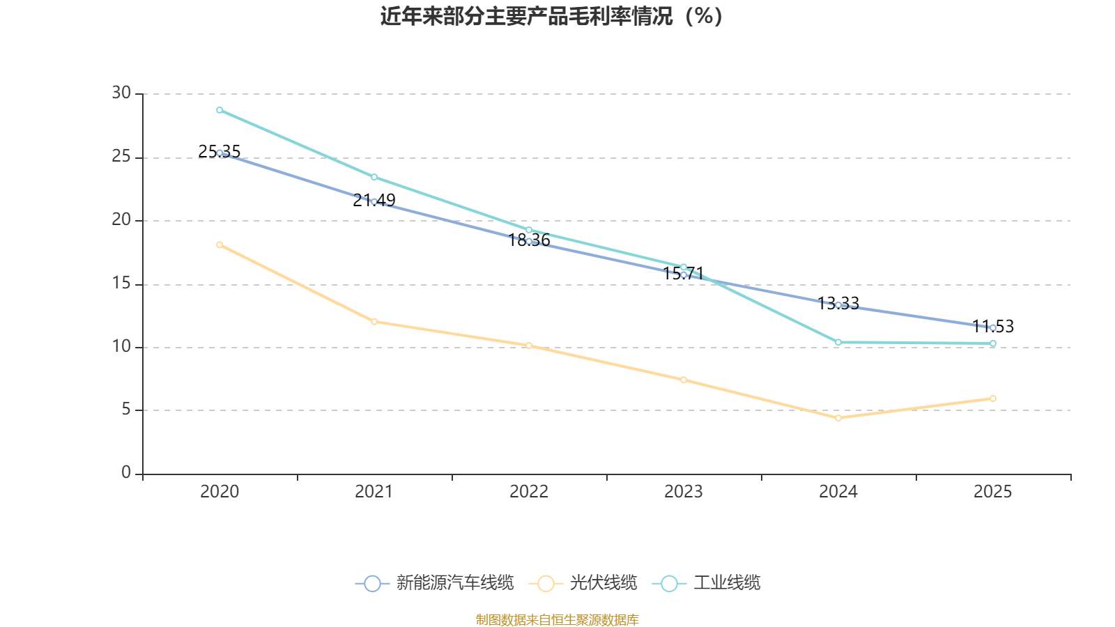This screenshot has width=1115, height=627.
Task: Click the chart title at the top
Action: (551, 16)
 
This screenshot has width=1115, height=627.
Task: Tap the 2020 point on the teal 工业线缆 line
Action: (220, 110)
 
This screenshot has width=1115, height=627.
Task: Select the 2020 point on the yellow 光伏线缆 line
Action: (220, 245)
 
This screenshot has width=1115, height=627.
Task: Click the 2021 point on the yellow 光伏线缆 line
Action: (374, 321)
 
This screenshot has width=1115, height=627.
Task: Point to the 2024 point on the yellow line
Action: (838, 418)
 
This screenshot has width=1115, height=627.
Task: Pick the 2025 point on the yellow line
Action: (993, 398)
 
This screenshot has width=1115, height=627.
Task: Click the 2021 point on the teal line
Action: (374, 177)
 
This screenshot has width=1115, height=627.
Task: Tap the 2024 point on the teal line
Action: (838, 342)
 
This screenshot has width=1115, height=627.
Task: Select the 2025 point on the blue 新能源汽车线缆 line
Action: (993, 327)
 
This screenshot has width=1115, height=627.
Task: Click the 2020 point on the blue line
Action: (220, 153)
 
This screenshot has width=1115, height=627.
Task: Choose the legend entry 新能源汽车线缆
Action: (434, 583)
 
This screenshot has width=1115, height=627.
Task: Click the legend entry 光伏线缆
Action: (583, 583)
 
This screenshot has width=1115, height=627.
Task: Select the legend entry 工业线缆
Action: (707, 583)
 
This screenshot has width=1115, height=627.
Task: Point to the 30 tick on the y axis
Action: (121, 93)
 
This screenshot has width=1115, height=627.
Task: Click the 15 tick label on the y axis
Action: (121, 284)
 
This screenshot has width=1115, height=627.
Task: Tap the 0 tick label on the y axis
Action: (126, 473)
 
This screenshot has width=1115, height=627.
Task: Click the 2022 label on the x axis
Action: (529, 492)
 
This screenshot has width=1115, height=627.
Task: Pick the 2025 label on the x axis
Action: (993, 492)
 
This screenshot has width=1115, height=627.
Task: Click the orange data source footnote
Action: (557, 619)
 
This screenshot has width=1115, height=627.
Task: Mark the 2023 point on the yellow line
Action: (684, 380)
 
